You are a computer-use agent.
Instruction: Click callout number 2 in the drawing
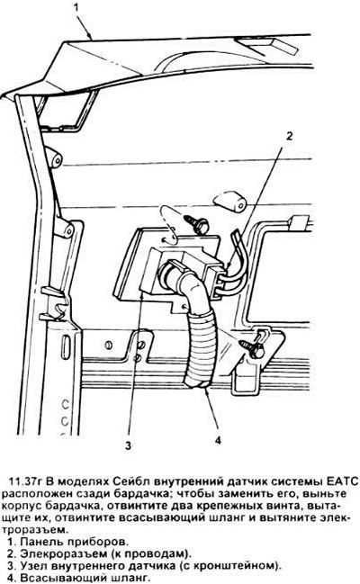(x=289, y=136)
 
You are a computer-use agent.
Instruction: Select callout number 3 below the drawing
(x=128, y=445)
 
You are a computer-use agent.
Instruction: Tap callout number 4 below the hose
(x=218, y=440)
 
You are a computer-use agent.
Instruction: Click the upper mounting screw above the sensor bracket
(x=196, y=224)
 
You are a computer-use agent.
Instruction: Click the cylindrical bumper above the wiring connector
(x=229, y=203)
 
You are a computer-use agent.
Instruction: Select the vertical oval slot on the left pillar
(x=66, y=347)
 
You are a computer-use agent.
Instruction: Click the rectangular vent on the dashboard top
(x=267, y=44)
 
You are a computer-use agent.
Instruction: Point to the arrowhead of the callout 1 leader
(x=90, y=37)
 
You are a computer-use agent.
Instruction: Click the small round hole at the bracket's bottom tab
(x=184, y=306)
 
